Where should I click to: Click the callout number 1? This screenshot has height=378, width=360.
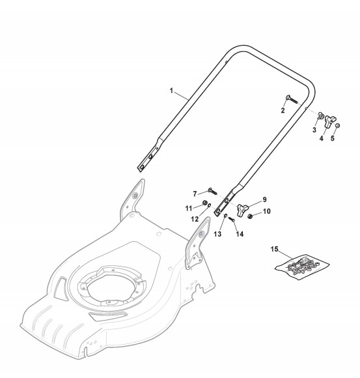click(x=171, y=91)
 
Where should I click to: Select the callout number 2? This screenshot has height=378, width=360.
click(x=283, y=110)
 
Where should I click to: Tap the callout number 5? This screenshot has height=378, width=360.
click(x=333, y=138)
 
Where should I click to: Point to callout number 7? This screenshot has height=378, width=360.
click(x=195, y=194)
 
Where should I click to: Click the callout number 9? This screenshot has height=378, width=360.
click(x=265, y=199)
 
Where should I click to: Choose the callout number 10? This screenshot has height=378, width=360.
click(x=267, y=211)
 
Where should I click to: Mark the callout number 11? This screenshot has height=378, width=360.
click(x=189, y=209)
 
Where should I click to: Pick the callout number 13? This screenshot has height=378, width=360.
click(x=217, y=234)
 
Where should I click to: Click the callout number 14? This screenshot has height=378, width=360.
click(x=240, y=234)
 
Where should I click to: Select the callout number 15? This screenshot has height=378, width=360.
click(x=274, y=249)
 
